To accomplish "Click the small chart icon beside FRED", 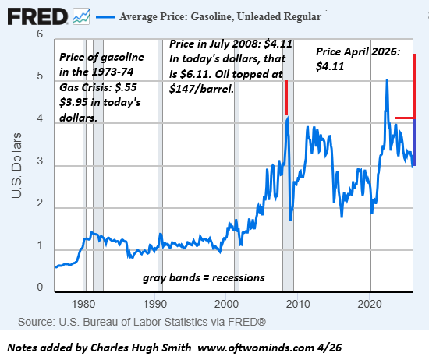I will pos(80,15).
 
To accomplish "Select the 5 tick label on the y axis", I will pos(40,77).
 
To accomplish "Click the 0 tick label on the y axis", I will pos(40,288).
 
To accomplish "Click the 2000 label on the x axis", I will pos(227,303).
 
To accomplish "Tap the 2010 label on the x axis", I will pos(299,303).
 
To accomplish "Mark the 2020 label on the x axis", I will pos(370,303).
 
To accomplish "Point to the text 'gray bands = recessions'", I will pos(203,277).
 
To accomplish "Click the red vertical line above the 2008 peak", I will pos(286,97).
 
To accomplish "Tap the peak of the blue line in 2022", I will pos(387,80).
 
